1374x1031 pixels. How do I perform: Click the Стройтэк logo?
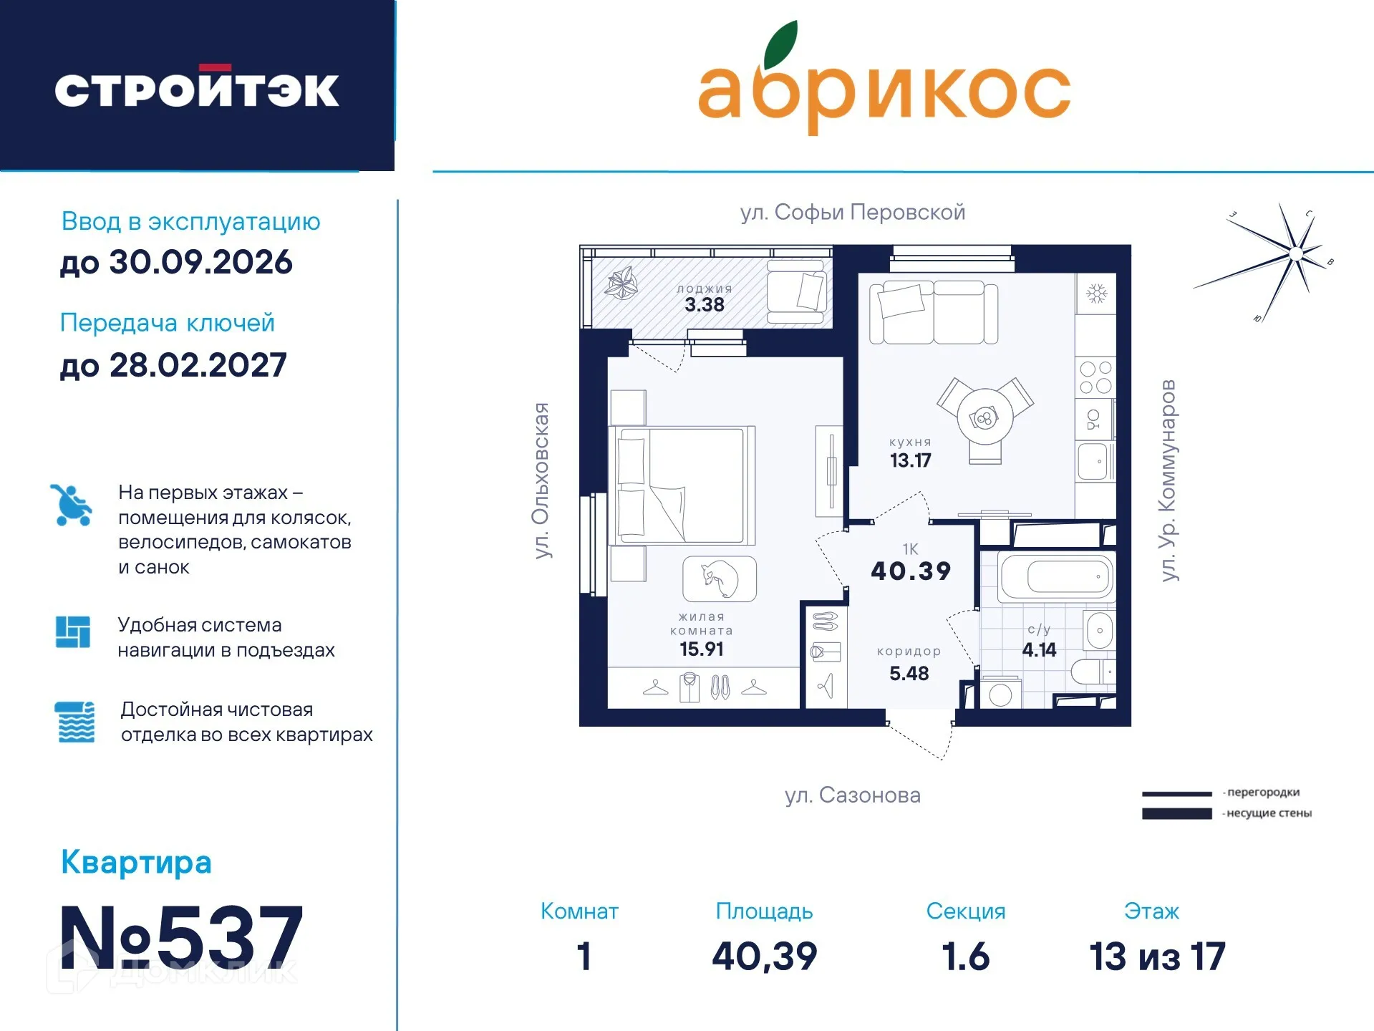(197, 89)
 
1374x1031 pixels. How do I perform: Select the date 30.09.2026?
(176, 262)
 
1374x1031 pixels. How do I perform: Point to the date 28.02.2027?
(173, 365)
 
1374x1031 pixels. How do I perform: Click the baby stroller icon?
(71, 505)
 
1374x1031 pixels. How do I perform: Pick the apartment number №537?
(182, 936)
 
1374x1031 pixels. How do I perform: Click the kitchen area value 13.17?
(910, 460)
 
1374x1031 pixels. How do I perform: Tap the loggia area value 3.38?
(705, 305)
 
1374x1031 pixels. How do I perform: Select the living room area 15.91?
(701, 649)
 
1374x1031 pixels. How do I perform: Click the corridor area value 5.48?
(909, 673)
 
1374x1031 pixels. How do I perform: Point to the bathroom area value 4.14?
(1039, 649)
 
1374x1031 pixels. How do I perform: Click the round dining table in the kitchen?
(985, 417)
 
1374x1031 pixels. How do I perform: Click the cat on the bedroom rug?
(720, 579)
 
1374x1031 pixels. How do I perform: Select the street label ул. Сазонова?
(852, 795)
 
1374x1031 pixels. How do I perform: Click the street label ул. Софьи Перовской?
(852, 212)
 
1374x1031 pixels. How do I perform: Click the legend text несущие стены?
(1269, 813)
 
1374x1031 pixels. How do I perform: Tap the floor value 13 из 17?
(1157, 957)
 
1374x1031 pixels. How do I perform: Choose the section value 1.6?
(965, 957)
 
